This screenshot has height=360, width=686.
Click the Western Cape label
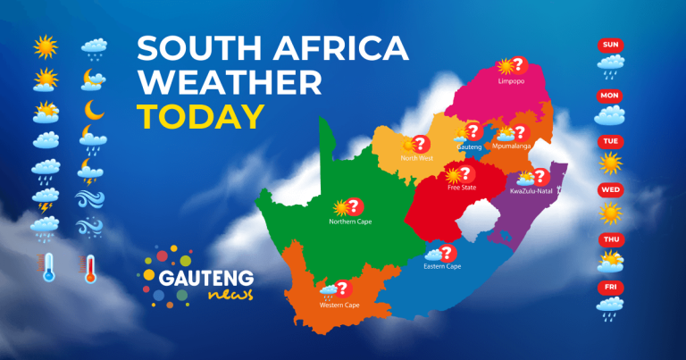coord(338,305)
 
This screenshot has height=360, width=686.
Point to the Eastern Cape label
coord(442,266)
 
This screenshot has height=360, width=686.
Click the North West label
coord(418,158)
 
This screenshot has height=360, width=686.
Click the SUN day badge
coord(611,45)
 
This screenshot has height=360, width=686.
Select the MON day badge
coord(611,95)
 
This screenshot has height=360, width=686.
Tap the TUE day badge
coord(611,141)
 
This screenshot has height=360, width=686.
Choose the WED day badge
coord(611,190)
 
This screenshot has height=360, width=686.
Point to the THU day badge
coord(611,239)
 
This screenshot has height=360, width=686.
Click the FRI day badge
coord(611,287)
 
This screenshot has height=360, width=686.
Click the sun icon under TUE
coord(611,163)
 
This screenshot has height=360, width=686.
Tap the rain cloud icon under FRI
coord(611,308)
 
